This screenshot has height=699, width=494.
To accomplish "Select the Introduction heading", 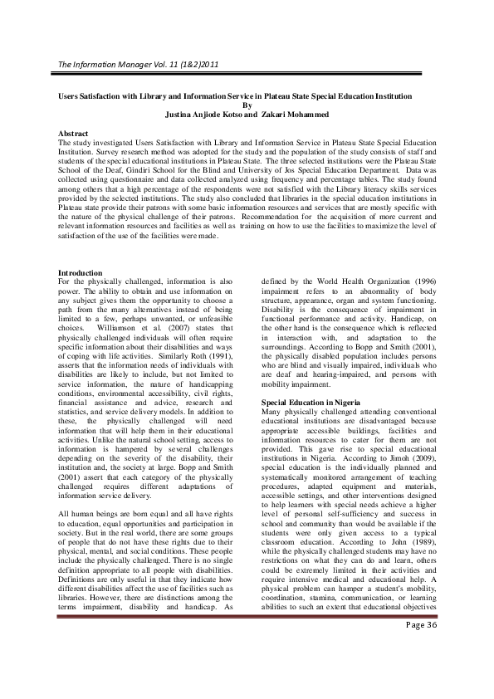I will point(80,273).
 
